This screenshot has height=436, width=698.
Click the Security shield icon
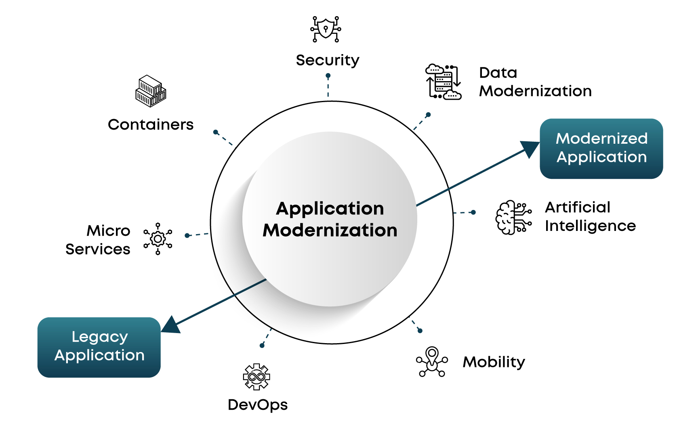(x=326, y=29)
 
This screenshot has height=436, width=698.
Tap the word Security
(x=328, y=61)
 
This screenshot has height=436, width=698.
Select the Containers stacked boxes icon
(x=151, y=91)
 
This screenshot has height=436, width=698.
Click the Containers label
(x=151, y=125)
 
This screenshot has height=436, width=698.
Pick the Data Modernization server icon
(x=443, y=82)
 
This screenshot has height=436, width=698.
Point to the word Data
(x=498, y=73)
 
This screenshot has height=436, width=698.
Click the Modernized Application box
(x=601, y=149)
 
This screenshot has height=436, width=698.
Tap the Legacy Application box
(x=99, y=347)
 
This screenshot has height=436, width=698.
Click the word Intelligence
(x=590, y=226)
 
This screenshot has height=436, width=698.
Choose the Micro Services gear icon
(x=158, y=239)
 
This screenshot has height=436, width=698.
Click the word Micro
(x=108, y=231)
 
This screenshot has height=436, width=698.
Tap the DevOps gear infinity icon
(x=256, y=377)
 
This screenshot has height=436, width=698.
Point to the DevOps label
(x=258, y=405)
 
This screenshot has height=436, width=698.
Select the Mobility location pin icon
(x=432, y=361)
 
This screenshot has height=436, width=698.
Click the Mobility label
(x=494, y=362)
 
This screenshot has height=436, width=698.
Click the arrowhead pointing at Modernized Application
(x=530, y=149)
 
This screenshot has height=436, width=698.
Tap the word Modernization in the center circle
(x=330, y=231)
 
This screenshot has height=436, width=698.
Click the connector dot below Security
(x=328, y=75)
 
